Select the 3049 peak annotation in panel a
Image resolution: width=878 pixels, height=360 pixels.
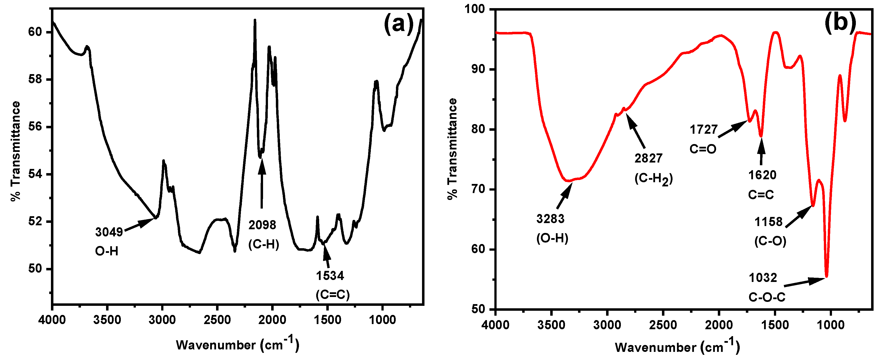pos(109,232)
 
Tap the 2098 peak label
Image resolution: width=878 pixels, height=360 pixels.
pos(262,225)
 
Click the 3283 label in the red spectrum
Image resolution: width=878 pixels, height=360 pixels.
pos(550,218)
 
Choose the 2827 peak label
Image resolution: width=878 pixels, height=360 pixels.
pos(648,158)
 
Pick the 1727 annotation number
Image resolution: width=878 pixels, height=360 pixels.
pos(704,130)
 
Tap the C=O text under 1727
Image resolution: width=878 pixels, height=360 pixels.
pos(703,149)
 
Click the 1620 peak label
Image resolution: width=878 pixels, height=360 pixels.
pos(762,175)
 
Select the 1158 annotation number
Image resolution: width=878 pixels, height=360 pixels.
pos(768,222)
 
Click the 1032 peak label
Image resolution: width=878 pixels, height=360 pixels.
pos(763,278)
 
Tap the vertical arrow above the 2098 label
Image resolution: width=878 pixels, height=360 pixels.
pos(262,184)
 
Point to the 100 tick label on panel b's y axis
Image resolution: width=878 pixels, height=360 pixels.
pos(474,9)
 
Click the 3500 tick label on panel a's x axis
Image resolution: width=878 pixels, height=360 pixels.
pos(107,320)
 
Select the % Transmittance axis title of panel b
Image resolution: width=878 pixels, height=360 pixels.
pos(452,149)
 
